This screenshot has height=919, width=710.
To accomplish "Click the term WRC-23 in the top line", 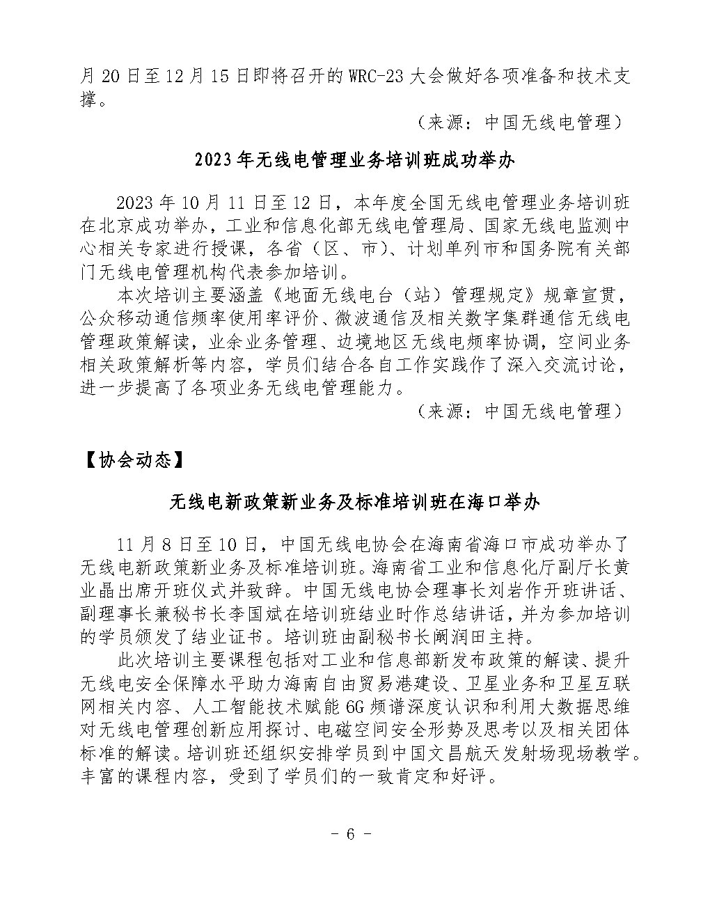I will point(372,77).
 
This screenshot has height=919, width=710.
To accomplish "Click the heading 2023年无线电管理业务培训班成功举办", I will point(354,161).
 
